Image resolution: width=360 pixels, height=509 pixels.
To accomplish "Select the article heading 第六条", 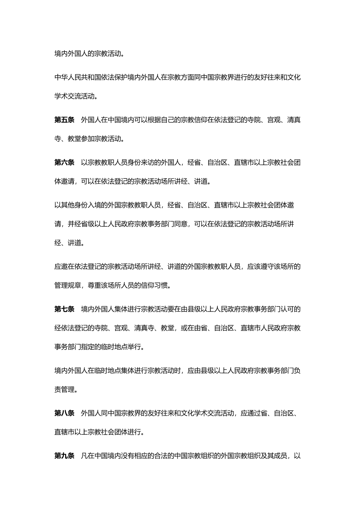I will (x=64, y=163).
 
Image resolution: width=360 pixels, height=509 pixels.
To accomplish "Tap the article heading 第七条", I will (x=64, y=309).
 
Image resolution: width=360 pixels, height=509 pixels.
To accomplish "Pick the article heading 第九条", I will (x=64, y=456).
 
